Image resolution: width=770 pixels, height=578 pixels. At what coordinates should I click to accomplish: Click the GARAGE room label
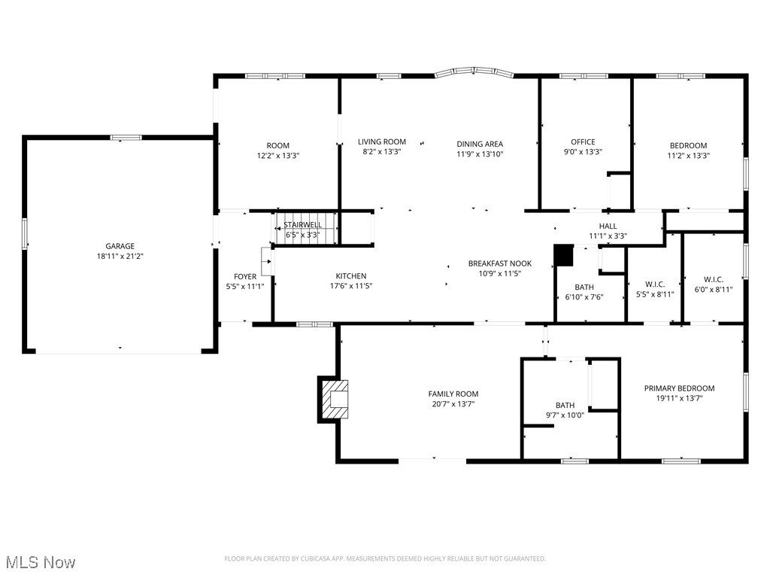120,246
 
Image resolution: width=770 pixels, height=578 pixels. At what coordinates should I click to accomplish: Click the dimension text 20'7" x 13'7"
453,404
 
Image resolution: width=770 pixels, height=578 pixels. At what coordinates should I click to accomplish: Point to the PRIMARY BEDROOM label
679,388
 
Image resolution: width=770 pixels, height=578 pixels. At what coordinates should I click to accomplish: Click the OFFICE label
583,141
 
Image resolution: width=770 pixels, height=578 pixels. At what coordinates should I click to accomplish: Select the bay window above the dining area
474,73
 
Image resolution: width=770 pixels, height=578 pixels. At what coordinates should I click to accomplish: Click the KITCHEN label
351,276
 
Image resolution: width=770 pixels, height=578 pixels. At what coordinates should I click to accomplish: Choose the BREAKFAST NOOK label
499,263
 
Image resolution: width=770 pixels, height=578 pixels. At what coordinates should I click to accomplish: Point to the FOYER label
244,277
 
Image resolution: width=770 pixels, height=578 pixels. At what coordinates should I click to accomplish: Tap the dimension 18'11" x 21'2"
120,256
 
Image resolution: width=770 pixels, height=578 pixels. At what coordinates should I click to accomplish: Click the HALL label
608,226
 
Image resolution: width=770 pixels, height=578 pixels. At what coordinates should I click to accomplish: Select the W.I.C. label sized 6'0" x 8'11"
713,279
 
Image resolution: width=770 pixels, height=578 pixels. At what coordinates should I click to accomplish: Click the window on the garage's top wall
126,138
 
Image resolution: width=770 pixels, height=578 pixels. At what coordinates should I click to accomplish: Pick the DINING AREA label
479,144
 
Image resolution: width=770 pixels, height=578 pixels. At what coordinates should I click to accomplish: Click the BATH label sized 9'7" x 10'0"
565,405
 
